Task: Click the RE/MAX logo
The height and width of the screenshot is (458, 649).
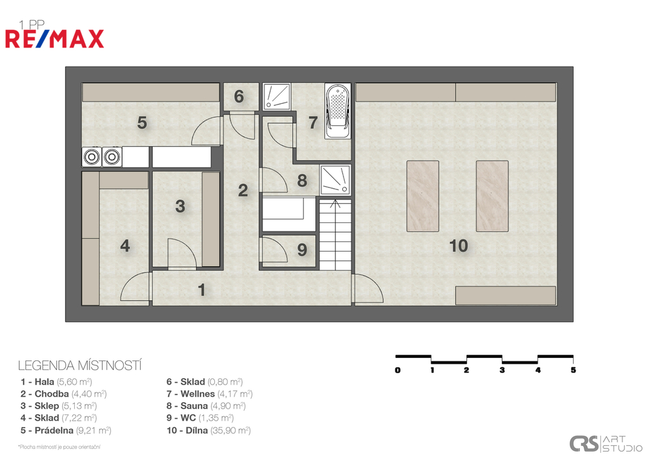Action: pyautogui.click(x=55, y=39)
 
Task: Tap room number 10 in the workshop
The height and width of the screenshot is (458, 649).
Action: pyautogui.click(x=459, y=246)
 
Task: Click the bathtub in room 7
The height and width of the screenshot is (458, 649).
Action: pyautogui.click(x=338, y=111)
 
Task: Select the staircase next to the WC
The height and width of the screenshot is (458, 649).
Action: pyautogui.click(x=335, y=234)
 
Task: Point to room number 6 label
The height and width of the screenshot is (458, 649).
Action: pyautogui.click(x=239, y=96)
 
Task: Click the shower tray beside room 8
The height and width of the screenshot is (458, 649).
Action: pyautogui.click(x=335, y=180)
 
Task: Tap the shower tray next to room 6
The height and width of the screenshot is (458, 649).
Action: pyautogui.click(x=276, y=97)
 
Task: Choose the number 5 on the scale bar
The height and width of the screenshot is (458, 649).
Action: pyautogui.click(x=573, y=370)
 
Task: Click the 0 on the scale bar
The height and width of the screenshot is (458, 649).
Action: pyautogui.click(x=397, y=370)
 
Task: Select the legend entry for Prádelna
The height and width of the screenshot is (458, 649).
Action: pyautogui.click(x=66, y=430)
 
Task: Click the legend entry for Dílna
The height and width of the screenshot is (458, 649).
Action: pyautogui.click(x=209, y=430)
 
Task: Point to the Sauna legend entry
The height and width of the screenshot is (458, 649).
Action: pyautogui.click(x=206, y=406)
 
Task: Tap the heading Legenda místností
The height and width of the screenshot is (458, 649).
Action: pyautogui.click(x=80, y=366)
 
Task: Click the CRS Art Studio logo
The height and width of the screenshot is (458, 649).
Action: pyautogui.click(x=605, y=444)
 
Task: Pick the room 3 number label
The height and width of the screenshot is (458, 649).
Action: pyautogui.click(x=180, y=206)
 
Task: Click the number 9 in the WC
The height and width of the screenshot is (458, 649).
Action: pyautogui.click(x=302, y=250)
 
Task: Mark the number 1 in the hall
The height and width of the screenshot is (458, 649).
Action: pyautogui.click(x=202, y=290)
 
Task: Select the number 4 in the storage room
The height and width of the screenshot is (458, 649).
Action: pyautogui.click(x=125, y=246)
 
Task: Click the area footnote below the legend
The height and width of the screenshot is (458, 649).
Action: pyautogui.click(x=59, y=447)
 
